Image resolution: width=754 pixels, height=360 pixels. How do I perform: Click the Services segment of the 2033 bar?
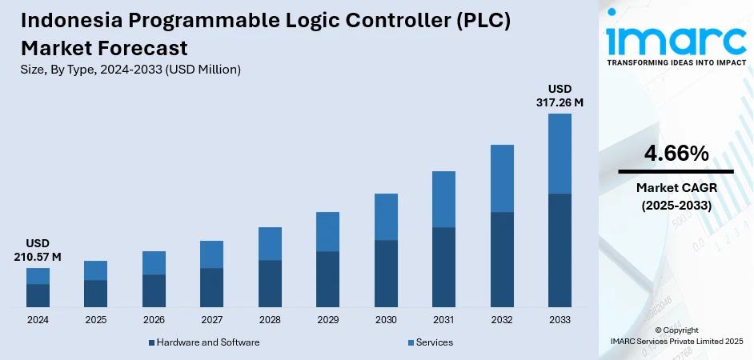coord(559,154)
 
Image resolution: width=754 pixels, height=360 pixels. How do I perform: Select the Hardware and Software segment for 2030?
coord(386,274)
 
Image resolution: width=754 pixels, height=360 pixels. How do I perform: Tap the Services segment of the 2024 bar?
coord(38,276)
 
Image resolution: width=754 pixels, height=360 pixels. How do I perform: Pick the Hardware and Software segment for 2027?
coord(211,288)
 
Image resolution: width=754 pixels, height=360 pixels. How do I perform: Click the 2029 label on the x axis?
coord(327,320)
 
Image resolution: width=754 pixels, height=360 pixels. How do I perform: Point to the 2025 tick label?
coord(95,320)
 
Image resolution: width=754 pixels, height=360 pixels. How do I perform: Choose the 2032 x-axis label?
coord(502,320)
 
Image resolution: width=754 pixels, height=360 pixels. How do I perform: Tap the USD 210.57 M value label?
coord(38,249)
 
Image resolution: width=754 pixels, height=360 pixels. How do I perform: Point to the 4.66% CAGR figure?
coord(676,153)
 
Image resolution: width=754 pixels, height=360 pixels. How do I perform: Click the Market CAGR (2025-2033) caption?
coord(676,196)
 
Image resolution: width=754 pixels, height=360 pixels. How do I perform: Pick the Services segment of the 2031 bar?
coord(443,199)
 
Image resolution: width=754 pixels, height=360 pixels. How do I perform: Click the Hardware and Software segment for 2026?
coord(154,291)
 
